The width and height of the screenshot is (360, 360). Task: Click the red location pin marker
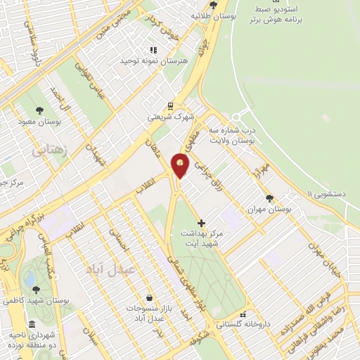click(181, 166)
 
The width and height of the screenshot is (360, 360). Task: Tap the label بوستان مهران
click(269, 210)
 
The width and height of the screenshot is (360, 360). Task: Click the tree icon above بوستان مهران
click(270, 198)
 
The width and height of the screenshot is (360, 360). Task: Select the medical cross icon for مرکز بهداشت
click(202, 222)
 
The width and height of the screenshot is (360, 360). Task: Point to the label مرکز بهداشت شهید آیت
click(202, 238)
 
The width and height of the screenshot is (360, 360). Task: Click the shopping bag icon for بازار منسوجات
click(149, 297)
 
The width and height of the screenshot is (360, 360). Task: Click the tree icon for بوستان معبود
click(39, 110)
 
